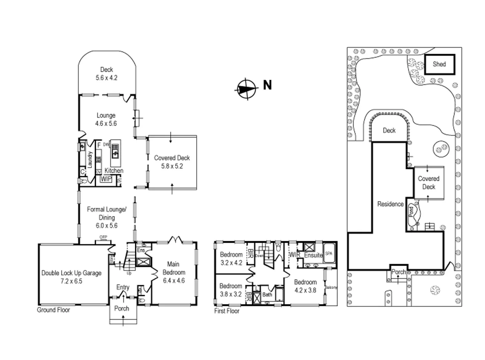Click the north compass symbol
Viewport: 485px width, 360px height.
[246, 89]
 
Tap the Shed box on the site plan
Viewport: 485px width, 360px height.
[439, 64]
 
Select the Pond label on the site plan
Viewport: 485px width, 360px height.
[411, 211]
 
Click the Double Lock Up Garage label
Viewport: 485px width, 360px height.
[71, 273]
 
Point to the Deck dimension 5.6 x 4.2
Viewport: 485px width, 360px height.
[106, 78]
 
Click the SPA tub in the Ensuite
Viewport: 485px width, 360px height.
[328, 254]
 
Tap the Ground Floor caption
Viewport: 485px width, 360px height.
[53, 310]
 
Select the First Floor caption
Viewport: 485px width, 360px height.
[227, 311]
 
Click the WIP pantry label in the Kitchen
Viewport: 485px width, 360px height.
[106, 179]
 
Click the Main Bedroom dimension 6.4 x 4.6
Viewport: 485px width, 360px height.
[174, 281]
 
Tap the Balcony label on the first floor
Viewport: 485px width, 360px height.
[331, 287]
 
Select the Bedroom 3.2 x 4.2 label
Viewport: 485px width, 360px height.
[231, 258]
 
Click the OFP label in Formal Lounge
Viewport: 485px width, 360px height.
[103, 237]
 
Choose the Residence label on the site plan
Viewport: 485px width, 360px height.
[390, 204]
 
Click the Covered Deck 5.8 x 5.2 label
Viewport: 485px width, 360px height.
[172, 162]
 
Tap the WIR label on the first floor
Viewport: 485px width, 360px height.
[294, 255]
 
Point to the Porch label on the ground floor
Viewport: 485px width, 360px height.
[122, 308]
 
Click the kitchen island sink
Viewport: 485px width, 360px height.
[115, 153]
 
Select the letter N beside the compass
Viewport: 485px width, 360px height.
[267, 85]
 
